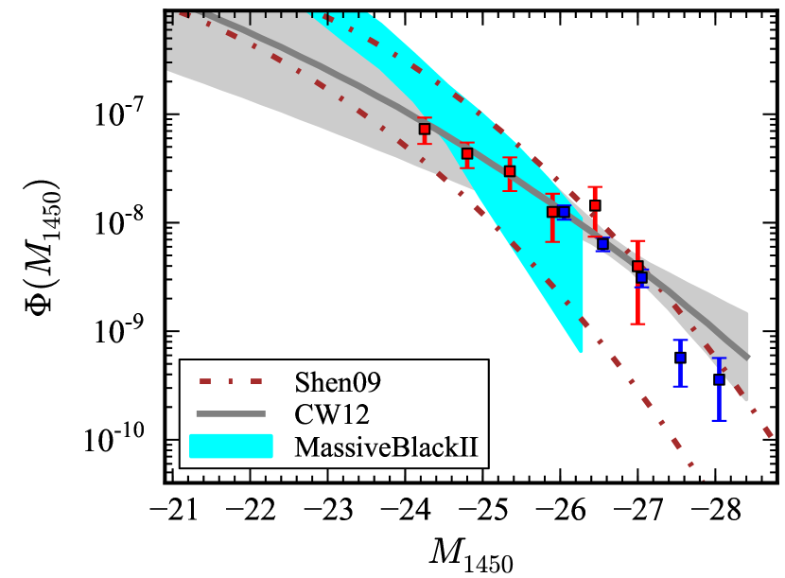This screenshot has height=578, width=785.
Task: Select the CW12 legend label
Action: (317, 412)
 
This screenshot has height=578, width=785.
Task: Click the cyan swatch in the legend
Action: (231, 446)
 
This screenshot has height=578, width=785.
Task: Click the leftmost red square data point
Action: (425, 129)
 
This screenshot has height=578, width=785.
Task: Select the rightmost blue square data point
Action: (719, 379)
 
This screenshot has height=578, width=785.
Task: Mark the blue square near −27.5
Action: (680, 358)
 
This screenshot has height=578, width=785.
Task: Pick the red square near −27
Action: (637, 267)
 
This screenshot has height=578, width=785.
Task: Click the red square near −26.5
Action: (595, 205)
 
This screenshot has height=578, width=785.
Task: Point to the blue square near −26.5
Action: (602, 244)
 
